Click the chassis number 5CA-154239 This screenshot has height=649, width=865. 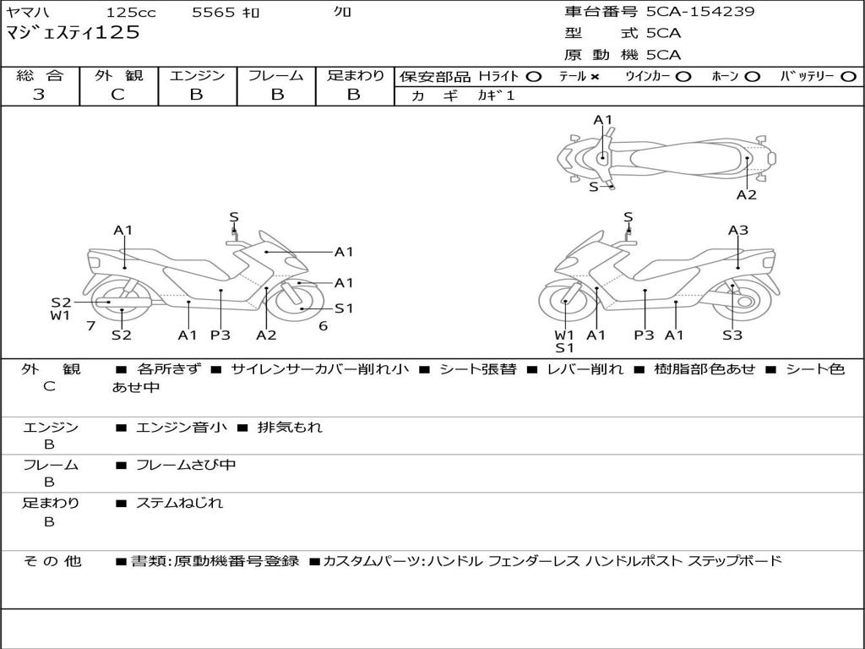pyautogui.click(x=700, y=12)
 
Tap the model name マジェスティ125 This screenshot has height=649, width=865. pyautogui.click(x=73, y=34)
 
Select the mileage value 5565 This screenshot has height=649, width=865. pyautogui.click(x=214, y=13)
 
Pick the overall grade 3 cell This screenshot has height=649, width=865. pyautogui.click(x=39, y=95)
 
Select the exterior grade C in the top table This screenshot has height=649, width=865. pyautogui.click(x=117, y=95)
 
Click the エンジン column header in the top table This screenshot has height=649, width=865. pyautogui.click(x=197, y=76)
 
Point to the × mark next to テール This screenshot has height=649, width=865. pyautogui.click(x=595, y=77)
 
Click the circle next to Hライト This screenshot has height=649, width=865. pyautogui.click(x=534, y=77)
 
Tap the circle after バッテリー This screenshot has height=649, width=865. pyautogui.click(x=849, y=77)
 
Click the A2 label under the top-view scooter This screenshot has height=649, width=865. pyautogui.click(x=746, y=195)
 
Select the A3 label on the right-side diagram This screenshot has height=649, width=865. pyautogui.click(x=738, y=230)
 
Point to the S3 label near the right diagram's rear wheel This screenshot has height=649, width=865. pyautogui.click(x=732, y=335)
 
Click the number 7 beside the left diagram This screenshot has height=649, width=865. pyautogui.click(x=90, y=325)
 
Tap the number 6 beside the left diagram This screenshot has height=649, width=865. pyautogui.click(x=323, y=325)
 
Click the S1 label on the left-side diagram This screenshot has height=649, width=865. pyautogui.click(x=344, y=308)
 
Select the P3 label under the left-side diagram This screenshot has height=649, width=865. pyautogui.click(x=220, y=335)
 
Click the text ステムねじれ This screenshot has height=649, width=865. pyautogui.click(x=180, y=503)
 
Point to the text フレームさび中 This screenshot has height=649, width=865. pyautogui.click(x=186, y=465)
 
